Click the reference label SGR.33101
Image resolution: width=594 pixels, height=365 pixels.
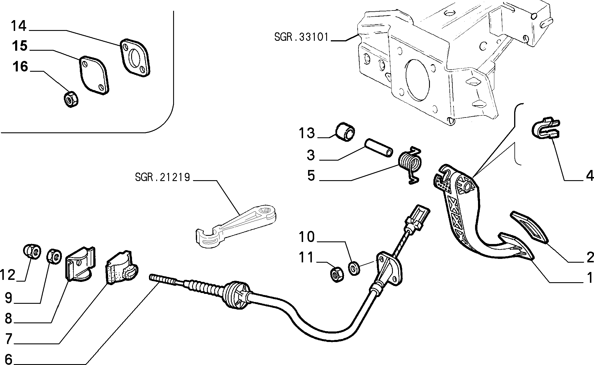[301, 38]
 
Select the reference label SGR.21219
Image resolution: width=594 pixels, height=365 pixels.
[162, 177]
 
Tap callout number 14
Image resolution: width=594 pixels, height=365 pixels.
[19, 26]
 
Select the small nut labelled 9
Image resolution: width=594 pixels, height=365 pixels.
[54, 256]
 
